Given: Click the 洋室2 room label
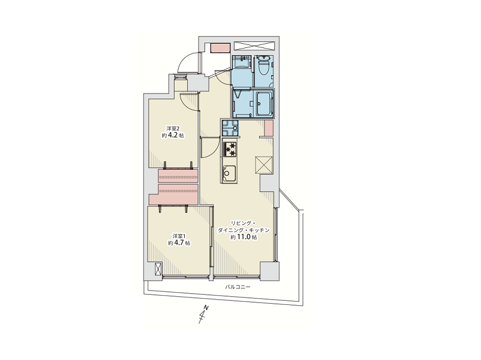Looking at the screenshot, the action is coord(173,128).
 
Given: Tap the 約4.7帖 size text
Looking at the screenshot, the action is coord(179,243).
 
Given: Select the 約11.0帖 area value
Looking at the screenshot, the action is coord(244,237).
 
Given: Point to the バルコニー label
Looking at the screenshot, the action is coord(238,287).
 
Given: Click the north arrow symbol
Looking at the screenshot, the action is coord(203,314).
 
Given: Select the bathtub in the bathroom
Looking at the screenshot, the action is coord(263,103).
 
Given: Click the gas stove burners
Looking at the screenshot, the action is coord(230,149).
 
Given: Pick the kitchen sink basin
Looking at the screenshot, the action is coord(229,173).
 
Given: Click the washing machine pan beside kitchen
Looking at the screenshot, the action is coord(230,128).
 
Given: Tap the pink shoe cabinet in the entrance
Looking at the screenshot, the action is coord(220,48).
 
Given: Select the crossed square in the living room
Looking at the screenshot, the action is coord(264,165).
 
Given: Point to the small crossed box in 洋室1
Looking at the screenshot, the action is coord(157,269).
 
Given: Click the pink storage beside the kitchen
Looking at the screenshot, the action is coord(269,128).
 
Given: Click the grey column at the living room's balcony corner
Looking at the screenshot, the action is coord(269,271).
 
